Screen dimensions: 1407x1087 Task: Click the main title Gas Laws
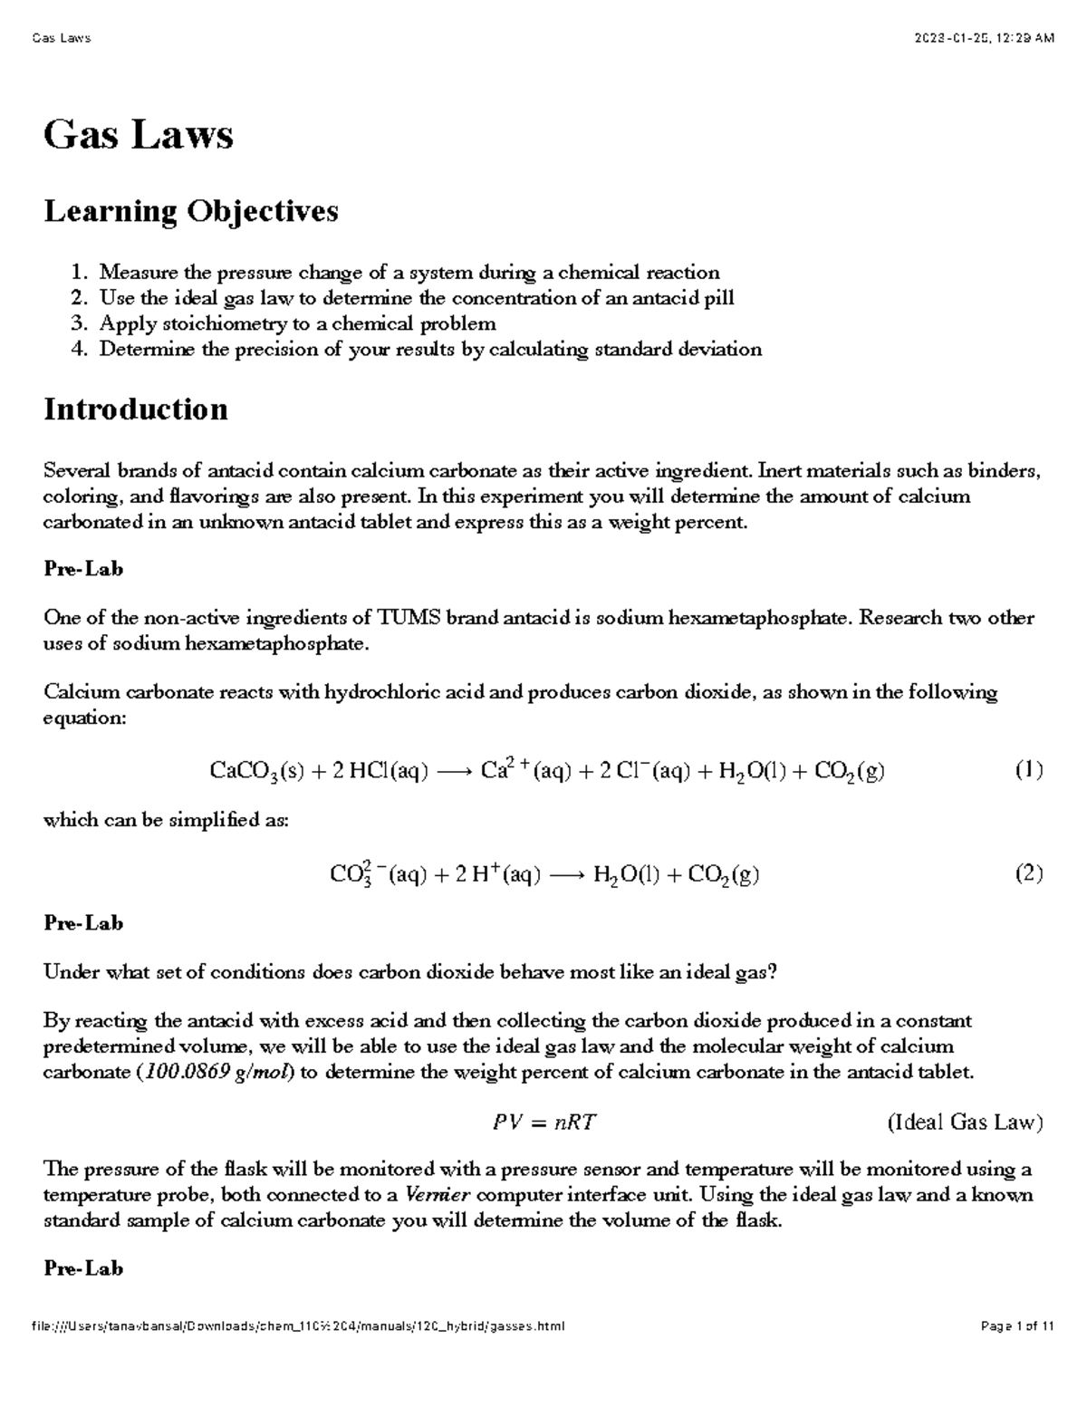pos(139,136)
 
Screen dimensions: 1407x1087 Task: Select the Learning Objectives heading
pos(191,211)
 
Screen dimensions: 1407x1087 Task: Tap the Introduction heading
pos(136,410)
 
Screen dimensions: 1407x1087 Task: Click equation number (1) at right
pos(1028,771)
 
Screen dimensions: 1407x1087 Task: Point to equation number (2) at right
pos(1028,874)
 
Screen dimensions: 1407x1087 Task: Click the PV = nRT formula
pos(544,1123)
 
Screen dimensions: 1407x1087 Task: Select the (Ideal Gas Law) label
pos(965,1123)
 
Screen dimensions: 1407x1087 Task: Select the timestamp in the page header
pos(985,38)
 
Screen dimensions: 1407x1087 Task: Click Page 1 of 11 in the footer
pos(1017,1326)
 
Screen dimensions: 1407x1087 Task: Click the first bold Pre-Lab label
pos(83,569)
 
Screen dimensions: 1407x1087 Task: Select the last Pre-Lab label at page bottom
pos(83,1268)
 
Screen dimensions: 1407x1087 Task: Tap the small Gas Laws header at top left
pos(61,38)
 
